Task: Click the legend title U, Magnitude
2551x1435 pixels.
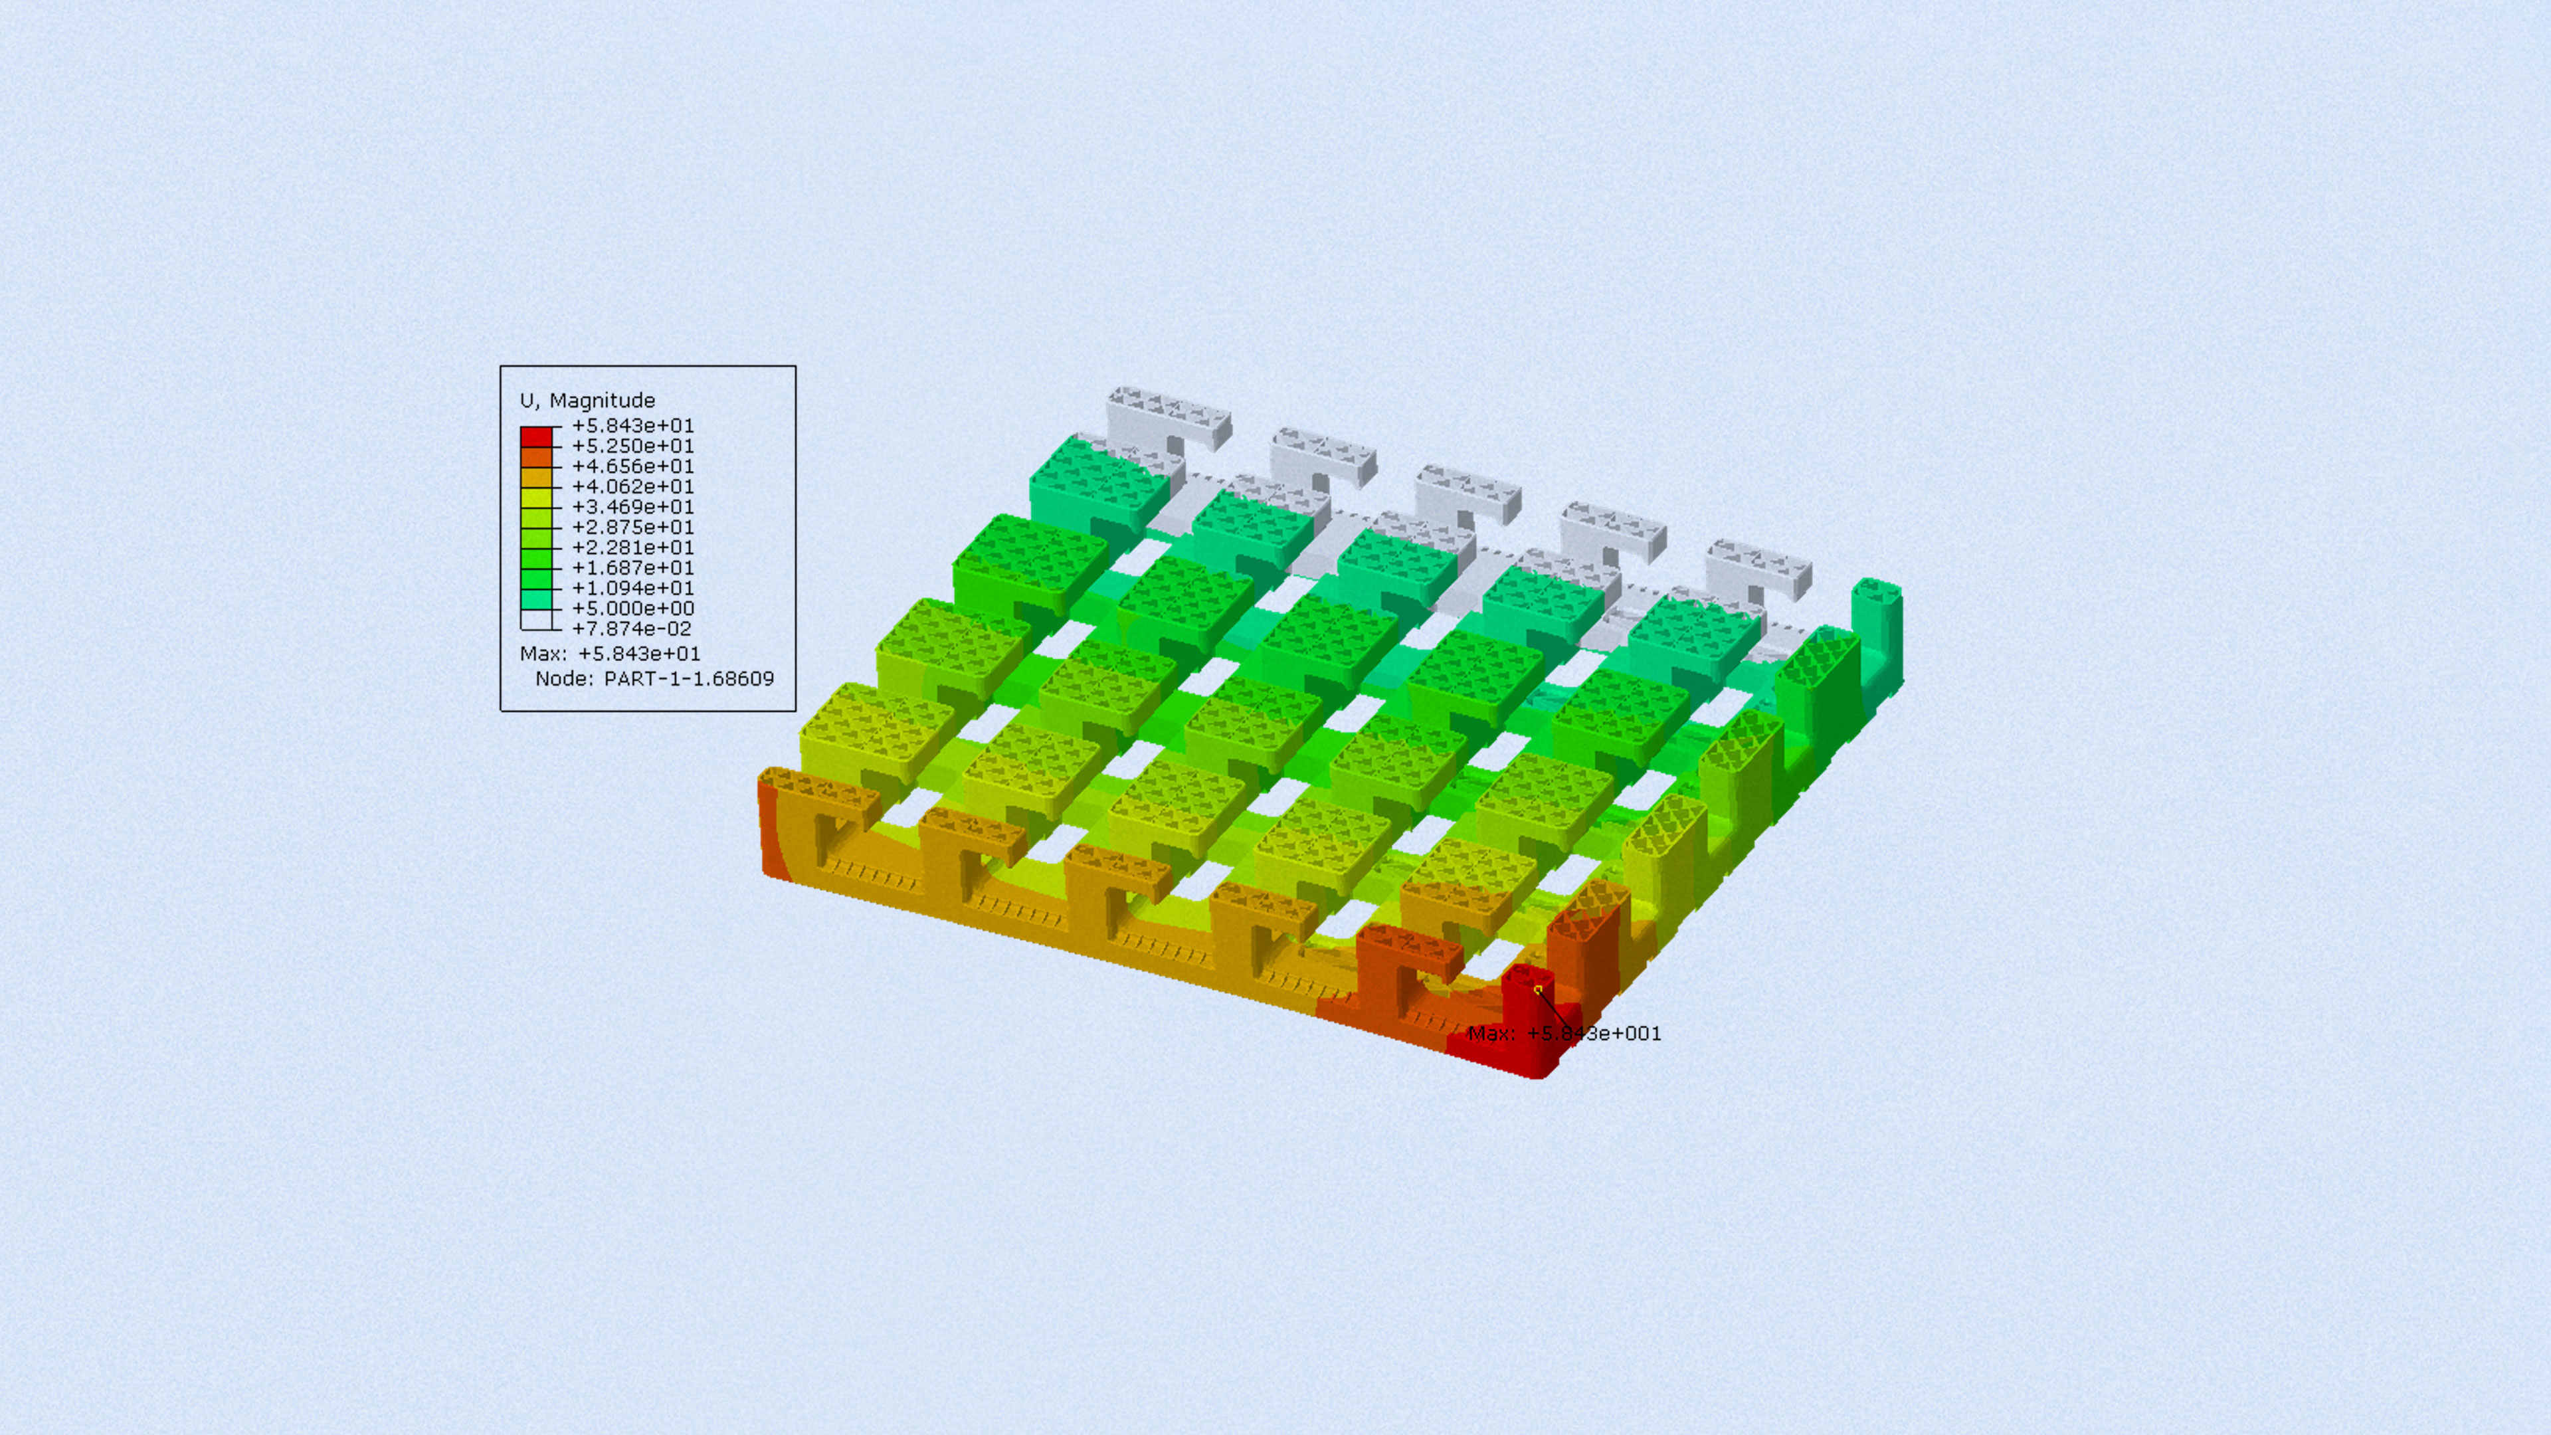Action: (587, 400)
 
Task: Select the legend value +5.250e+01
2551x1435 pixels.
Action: (633, 446)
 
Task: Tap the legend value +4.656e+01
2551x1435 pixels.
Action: (633, 466)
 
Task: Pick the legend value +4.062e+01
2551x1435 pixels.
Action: (633, 486)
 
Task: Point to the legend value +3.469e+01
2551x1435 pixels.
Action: (633, 507)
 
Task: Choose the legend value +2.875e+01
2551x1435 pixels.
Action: (633, 527)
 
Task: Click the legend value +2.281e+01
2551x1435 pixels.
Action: (633, 547)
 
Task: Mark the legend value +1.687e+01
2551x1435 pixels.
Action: (633, 567)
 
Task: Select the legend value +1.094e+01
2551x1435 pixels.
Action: (633, 588)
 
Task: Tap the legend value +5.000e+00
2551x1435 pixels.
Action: (633, 608)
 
